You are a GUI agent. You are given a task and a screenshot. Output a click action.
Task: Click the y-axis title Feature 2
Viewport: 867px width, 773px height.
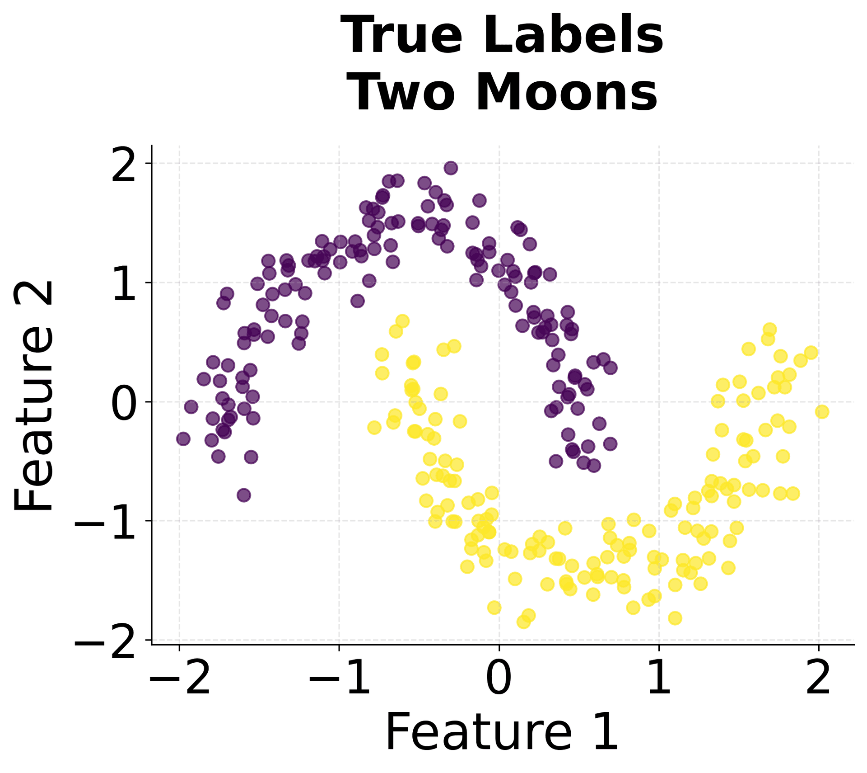[x=34, y=396]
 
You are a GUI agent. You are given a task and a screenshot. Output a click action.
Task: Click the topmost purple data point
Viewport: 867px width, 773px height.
[x=451, y=168]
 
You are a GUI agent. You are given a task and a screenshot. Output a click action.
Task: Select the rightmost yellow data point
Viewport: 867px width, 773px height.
[x=822, y=411]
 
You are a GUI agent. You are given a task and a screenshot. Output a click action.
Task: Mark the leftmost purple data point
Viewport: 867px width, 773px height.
[x=183, y=438]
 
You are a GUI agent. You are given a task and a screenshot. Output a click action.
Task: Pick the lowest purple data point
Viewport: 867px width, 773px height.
[x=244, y=495]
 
